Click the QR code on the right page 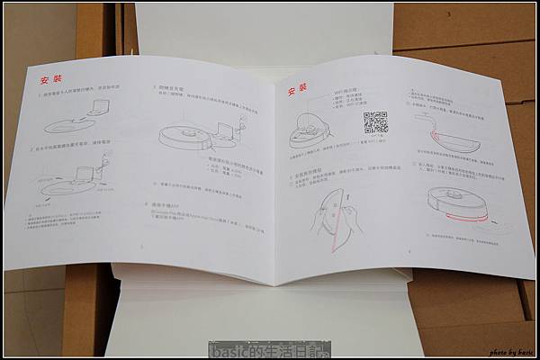click(375, 123)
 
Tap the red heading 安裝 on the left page click(51, 79)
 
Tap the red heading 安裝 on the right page click(298, 91)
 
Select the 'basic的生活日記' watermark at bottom click(269, 349)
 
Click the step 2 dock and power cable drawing click(76, 176)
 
